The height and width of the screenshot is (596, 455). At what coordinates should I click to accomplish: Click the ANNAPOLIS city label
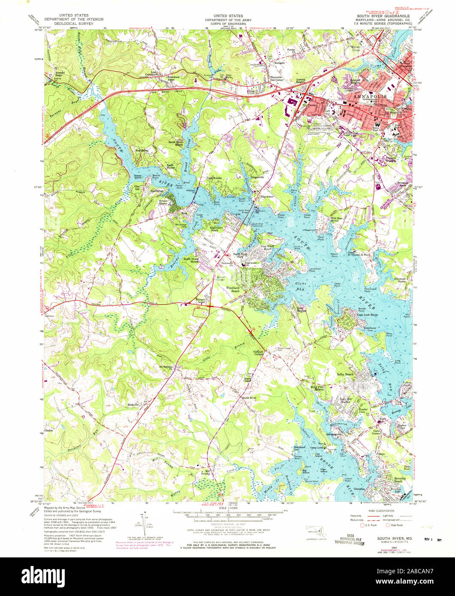pos(369,97)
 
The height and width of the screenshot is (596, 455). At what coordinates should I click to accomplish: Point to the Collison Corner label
pos(258,353)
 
